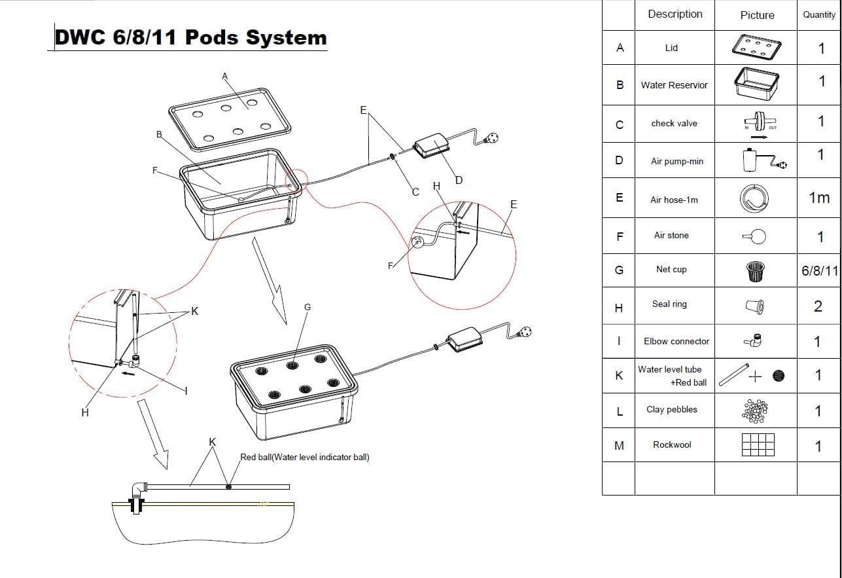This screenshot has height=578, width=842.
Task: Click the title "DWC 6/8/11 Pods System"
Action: pos(190,37)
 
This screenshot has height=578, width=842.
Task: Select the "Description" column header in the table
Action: pos(675,14)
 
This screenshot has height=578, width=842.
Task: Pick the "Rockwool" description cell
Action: pos(672,445)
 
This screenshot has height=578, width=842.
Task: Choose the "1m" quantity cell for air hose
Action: pos(819,198)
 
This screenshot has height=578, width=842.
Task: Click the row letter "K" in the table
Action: pos(619,376)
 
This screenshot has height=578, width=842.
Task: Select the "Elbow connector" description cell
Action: pos(676,342)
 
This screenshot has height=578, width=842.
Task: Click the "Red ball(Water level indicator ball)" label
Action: pos(304,458)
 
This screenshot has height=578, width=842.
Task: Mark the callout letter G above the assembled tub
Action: pos(307,308)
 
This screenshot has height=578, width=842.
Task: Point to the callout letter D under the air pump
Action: pos(459,180)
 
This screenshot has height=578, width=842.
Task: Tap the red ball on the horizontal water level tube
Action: pos(228,486)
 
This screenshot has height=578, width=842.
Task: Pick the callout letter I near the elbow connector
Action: pos(186,391)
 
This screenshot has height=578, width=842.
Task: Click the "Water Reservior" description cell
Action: pos(674,85)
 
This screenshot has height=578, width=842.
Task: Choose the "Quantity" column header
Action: pos(818,15)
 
